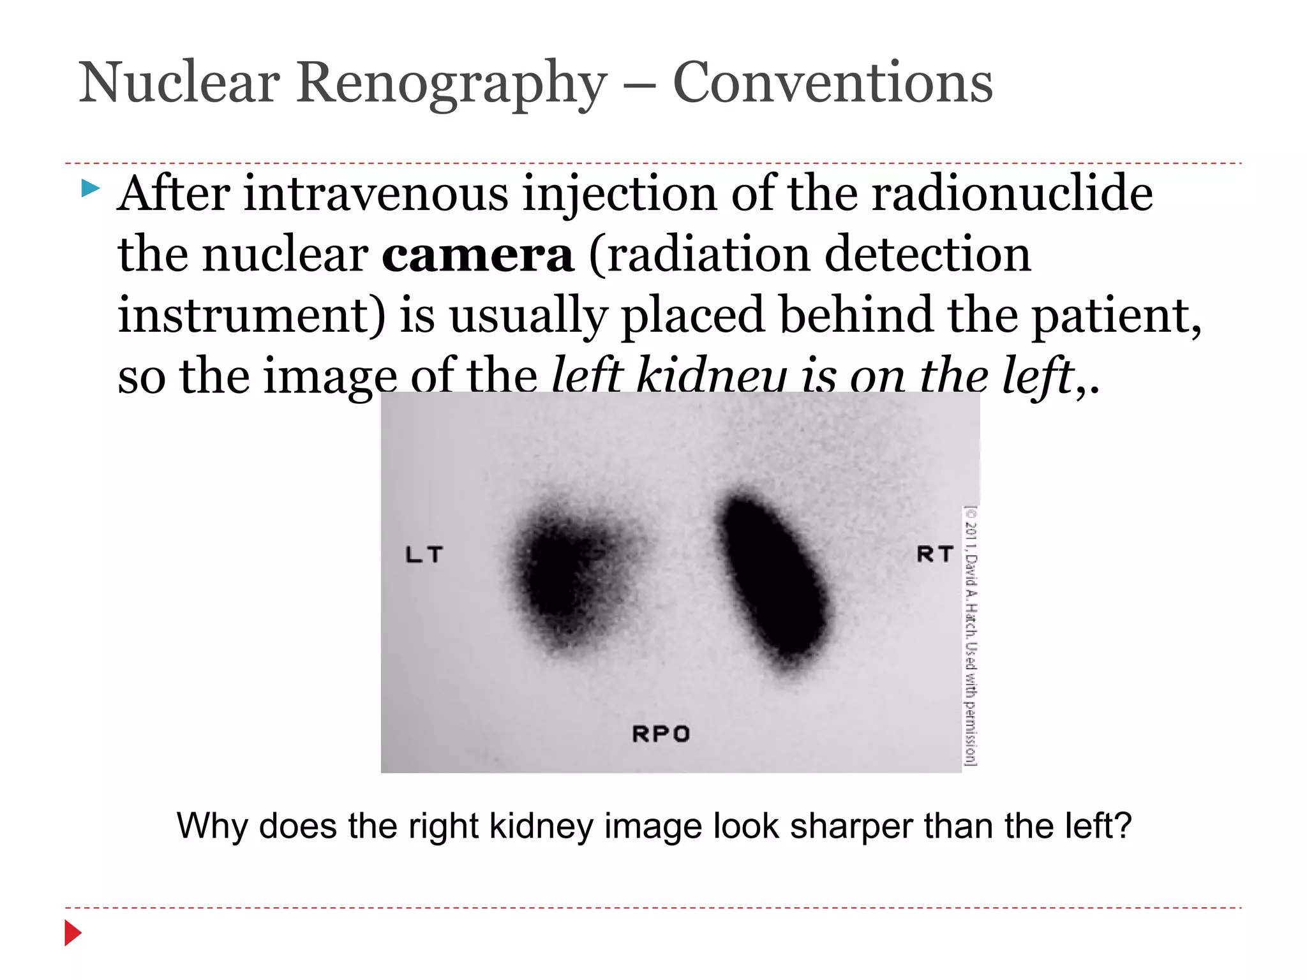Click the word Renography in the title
pos(451,83)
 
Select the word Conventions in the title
pos(833,83)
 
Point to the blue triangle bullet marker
pos(91,188)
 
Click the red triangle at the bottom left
pos(73,933)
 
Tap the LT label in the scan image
pos(424,554)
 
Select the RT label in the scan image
pos(935,554)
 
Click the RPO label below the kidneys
pos(661,734)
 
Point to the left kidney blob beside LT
pos(568,574)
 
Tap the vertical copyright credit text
pos(970,635)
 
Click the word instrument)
pos(251,315)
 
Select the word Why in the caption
pos(212,826)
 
